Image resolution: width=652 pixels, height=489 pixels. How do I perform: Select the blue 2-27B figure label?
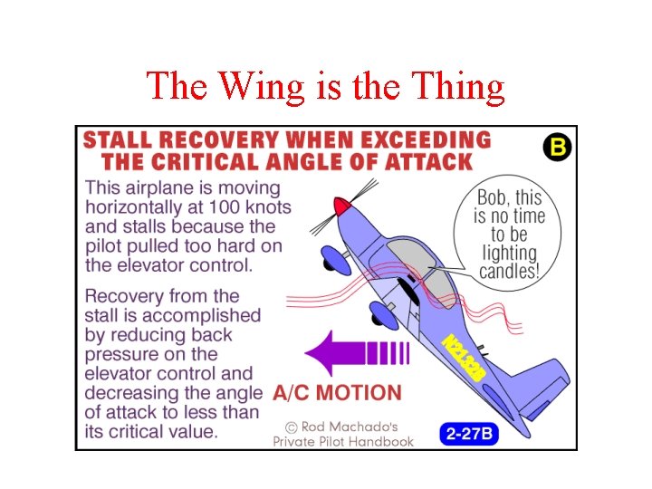point(470,433)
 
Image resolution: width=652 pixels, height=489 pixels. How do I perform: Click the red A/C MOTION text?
point(337,393)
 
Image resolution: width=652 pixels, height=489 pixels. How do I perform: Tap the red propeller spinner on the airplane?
point(341,206)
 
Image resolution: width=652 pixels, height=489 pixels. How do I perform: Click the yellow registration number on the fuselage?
point(464,355)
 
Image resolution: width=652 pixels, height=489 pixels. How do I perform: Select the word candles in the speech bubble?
point(508,271)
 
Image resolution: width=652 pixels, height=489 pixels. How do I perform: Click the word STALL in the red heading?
point(120,141)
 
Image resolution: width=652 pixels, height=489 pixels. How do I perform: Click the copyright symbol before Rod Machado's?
point(291,426)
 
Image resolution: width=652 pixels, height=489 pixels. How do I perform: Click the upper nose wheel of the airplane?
point(336,261)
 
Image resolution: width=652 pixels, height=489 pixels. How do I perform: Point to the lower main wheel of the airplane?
point(383,315)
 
